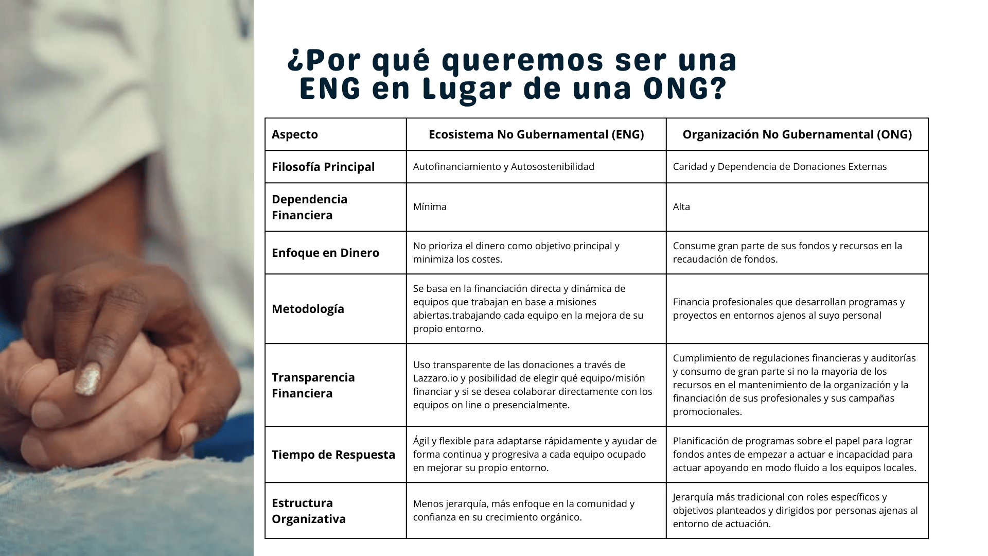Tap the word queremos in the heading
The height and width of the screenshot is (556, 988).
522,60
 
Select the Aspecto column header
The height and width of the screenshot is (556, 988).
295,134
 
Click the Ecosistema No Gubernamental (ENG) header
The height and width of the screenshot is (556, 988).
536,134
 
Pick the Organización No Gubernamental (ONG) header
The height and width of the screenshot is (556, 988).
797,134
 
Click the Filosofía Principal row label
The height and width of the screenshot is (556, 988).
323,167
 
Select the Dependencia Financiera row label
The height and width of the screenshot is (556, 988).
310,207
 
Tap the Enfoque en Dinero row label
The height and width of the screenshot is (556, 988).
325,253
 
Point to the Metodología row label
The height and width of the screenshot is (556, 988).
308,309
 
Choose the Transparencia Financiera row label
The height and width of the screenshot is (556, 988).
313,385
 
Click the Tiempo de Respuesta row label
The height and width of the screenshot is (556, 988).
333,455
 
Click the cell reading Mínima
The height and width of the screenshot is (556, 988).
430,206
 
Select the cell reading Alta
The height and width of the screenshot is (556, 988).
681,206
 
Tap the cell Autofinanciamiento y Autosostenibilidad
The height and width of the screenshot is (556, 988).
504,166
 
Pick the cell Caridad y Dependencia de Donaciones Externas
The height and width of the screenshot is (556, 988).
780,166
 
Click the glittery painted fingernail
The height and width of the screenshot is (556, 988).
87,378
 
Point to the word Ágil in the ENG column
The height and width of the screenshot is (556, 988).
421,441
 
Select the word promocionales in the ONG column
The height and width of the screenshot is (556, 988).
708,411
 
